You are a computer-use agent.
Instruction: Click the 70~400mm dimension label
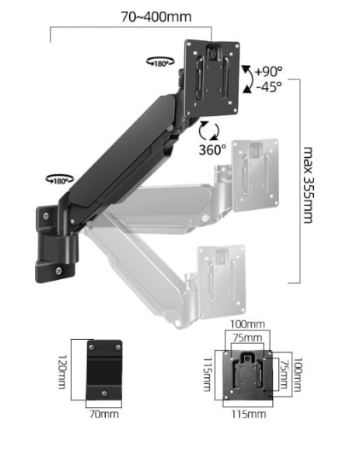coord(156,17)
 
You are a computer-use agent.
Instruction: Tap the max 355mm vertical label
coord(307,185)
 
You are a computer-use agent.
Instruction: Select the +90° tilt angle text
coord(268,72)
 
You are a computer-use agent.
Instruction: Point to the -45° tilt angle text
coord(269,87)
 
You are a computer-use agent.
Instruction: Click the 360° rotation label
coord(212,149)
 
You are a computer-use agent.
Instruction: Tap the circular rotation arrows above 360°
coord(209,131)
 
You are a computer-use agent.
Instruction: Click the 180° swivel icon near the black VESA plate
coord(160,62)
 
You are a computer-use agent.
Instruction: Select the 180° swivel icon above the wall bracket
coord(60,180)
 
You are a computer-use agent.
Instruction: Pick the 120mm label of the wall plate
coord(61,372)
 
